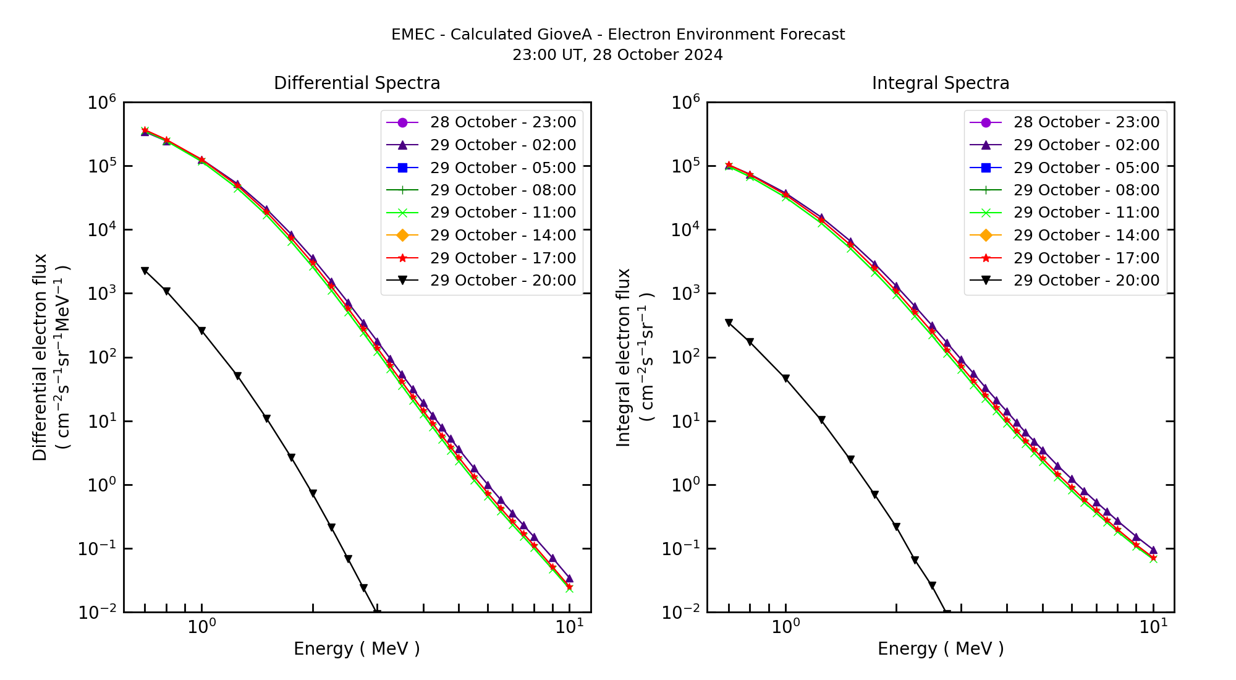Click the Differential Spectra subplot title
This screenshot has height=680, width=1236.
[x=357, y=83]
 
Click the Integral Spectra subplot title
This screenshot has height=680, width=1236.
[x=940, y=83]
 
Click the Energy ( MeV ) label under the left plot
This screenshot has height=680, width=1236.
[x=357, y=648]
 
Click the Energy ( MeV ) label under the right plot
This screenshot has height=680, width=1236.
[x=940, y=648]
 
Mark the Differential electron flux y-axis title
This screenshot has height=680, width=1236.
[x=40, y=357]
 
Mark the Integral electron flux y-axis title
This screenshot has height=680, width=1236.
[x=624, y=357]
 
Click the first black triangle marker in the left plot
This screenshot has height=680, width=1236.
[x=145, y=271]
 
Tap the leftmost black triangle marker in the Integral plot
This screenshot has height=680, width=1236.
[x=729, y=323]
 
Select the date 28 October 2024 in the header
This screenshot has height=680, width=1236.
[x=658, y=55]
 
